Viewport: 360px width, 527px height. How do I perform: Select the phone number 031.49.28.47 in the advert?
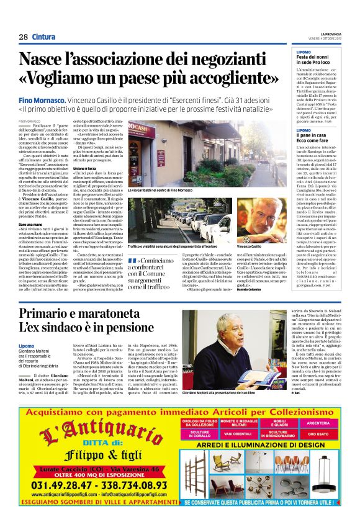[61, 485]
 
